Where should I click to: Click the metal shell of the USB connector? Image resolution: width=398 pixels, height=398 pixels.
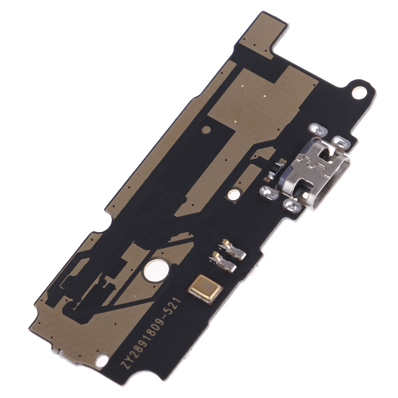(315, 173)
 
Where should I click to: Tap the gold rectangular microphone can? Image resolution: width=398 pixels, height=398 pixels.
(206, 289)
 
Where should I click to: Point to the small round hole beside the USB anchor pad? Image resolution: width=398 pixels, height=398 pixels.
(234, 195)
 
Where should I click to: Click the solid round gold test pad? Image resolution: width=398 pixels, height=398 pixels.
(207, 130)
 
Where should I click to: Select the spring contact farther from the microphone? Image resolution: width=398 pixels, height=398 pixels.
(233, 249)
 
